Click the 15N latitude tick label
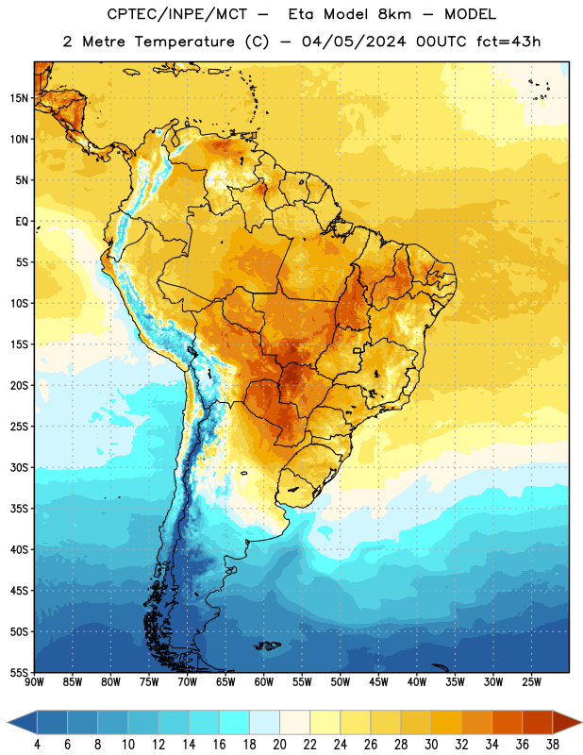coord(19,98)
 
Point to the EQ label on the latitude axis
coord(22,222)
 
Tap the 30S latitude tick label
coord(19,467)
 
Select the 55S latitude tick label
coord(19,672)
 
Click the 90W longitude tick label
coord(34,682)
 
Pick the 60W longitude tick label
coord(264,682)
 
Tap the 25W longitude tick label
coord(531,682)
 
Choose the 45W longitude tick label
coord(378,682)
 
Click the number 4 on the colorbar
coord(37,745)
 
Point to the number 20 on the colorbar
coord(279,745)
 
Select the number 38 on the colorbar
coord(553,745)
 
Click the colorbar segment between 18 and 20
coord(264,723)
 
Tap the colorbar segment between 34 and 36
coord(507,723)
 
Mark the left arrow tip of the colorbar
coord(8,723)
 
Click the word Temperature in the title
coord(184,42)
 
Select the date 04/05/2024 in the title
coord(354,42)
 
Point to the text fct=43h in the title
coord(508,42)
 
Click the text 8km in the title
coord(394,14)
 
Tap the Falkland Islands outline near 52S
coord(267,646)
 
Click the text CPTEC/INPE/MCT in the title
coord(176,14)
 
